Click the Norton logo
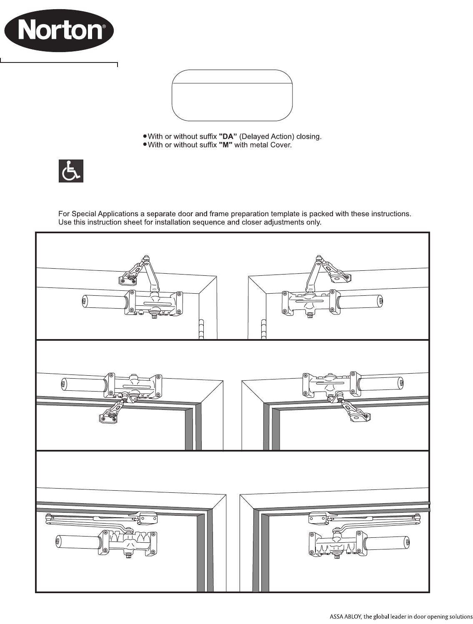59,31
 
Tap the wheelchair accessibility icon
71,171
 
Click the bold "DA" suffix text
228,137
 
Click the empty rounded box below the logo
232,95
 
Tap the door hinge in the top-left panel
201,329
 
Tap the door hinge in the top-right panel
263,329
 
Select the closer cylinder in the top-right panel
360,301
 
